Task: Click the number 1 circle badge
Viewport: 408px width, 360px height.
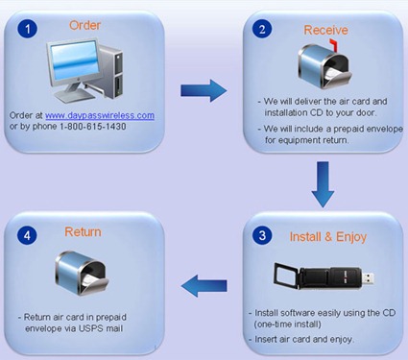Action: coord(27,28)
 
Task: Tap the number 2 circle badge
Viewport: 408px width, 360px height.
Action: coord(262,29)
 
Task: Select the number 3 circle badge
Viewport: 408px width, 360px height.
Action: coord(262,235)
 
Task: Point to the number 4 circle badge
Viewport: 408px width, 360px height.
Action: coord(27,235)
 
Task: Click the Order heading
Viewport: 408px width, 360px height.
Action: coord(84,25)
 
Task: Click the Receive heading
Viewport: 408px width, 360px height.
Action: coord(325,30)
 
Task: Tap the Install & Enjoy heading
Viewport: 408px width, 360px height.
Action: coord(328,237)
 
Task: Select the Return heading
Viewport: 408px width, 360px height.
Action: coord(83,231)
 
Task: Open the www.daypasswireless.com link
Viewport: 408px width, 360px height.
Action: coord(100,115)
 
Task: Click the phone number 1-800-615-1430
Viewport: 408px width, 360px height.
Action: coord(93,127)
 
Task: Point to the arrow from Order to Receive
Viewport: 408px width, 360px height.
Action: coord(204,90)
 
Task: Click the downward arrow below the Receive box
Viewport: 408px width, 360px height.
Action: coord(323,184)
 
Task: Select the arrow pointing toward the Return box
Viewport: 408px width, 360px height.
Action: coord(204,285)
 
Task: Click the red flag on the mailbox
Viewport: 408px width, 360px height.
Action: coord(333,45)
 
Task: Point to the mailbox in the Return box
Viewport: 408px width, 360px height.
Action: coord(82,273)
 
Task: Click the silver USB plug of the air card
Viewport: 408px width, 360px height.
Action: coord(368,278)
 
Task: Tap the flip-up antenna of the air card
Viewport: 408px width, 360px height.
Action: coord(287,274)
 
